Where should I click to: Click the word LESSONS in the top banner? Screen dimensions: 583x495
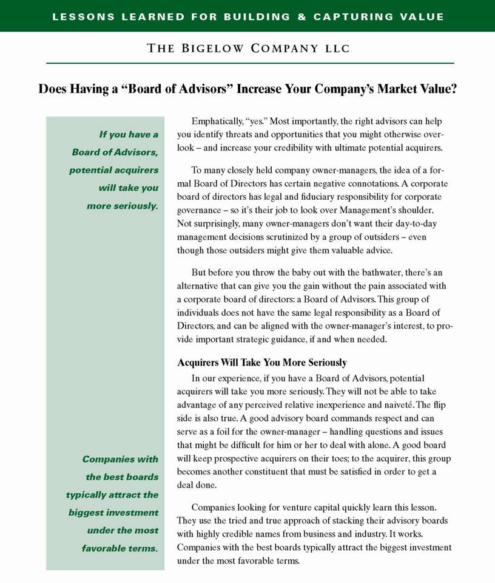pyautogui.click(x=79, y=16)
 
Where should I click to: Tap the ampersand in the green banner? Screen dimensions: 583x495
pyautogui.click(x=301, y=16)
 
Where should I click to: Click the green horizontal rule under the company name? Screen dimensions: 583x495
pyautogui.click(x=250, y=63)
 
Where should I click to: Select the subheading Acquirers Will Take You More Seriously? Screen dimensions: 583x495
pyautogui.click(x=261, y=363)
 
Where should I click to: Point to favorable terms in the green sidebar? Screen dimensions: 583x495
pyautogui.click(x=120, y=548)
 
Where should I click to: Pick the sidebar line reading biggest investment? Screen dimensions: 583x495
pyautogui.click(x=113, y=513)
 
